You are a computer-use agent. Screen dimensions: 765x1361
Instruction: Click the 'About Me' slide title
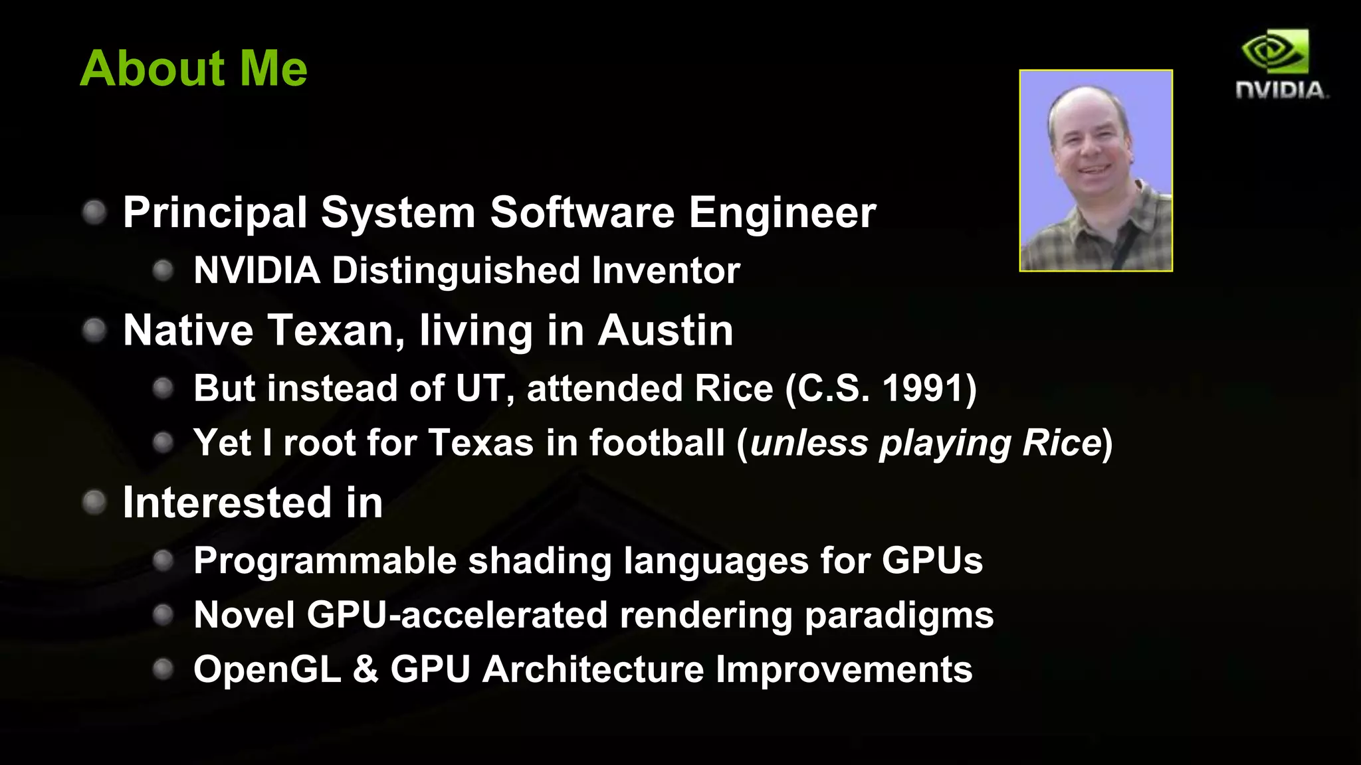tap(193, 68)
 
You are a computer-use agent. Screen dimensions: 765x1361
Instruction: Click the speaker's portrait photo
tap(1096, 171)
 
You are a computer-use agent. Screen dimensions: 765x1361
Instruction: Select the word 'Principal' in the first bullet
tap(215, 214)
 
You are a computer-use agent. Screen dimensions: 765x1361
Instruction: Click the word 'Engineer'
tap(782, 214)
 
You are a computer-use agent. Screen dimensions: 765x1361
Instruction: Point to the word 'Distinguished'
tap(455, 271)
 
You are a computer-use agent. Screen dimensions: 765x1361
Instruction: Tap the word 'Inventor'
tap(665, 271)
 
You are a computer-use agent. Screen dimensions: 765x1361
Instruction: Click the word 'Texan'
tap(330, 331)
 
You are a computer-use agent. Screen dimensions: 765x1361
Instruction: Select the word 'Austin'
tap(665, 331)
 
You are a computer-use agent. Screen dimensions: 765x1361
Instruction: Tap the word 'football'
tap(657, 443)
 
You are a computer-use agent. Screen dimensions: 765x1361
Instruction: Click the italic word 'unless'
tap(809, 443)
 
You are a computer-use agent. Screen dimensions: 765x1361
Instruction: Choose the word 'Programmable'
tap(325, 561)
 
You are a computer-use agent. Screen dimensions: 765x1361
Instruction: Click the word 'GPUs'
tap(932, 561)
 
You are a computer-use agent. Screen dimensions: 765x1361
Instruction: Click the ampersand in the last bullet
tap(366, 669)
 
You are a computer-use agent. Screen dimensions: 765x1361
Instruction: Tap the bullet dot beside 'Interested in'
tap(94, 502)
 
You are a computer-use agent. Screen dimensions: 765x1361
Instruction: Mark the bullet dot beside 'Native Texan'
tap(94, 330)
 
